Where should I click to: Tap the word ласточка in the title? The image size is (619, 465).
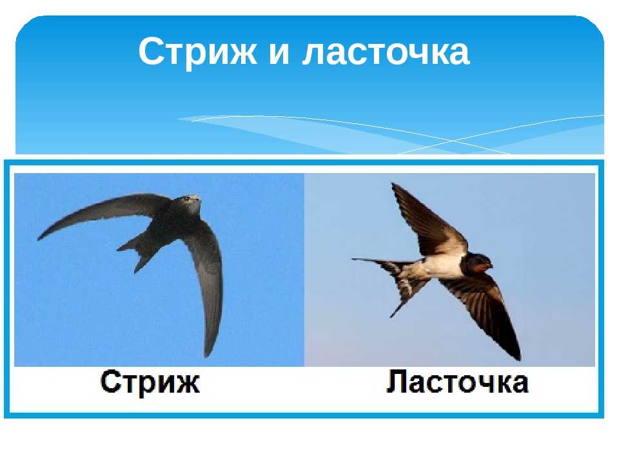click(x=386, y=52)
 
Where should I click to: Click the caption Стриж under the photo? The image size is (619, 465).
click(x=150, y=382)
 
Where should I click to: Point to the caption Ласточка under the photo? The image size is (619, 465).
click(x=457, y=382)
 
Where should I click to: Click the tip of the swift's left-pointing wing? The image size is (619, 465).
click(x=38, y=239)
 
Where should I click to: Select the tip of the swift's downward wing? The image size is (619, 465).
click(x=207, y=355)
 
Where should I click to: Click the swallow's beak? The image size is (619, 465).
click(x=491, y=265)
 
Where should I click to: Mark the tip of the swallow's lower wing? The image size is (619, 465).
click(x=518, y=358)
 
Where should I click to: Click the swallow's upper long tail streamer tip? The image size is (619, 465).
click(x=353, y=260)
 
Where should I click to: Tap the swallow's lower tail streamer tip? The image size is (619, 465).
click(x=391, y=316)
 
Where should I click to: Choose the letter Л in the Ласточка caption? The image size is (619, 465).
click(x=395, y=382)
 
